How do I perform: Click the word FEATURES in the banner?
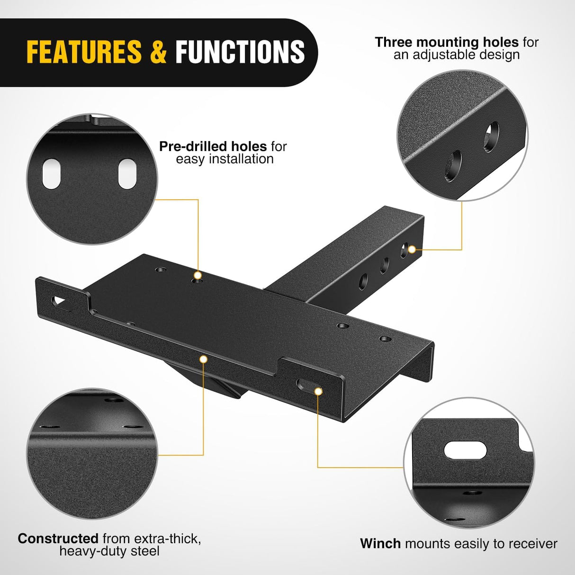coord(84,52)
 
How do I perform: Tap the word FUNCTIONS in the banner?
coord(240,52)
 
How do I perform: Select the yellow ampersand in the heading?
coord(158,52)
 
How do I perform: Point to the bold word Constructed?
coord(58,539)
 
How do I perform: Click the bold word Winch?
coord(380,543)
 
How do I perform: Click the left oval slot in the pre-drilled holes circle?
coord(51,174)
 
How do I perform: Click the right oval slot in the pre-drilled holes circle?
coord(126,174)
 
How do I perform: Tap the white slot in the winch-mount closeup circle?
coord(465,449)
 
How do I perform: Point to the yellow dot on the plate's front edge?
coord(204,359)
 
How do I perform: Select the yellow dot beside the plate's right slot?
coord(318,391)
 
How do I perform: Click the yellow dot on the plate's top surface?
coord(198,275)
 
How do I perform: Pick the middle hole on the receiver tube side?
coord(384,266)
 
